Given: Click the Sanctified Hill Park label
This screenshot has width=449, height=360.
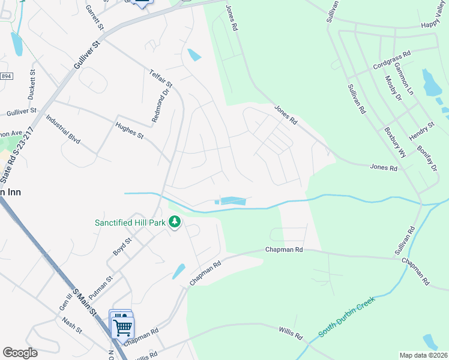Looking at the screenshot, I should (130, 223).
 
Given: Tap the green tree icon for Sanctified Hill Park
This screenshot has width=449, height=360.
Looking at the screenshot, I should (175, 223).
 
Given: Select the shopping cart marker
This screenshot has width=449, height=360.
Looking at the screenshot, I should (122, 328).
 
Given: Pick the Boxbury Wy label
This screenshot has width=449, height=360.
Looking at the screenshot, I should (395, 141).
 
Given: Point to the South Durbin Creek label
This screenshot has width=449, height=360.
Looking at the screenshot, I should (346, 316).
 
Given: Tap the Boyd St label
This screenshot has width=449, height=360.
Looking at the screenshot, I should (122, 247).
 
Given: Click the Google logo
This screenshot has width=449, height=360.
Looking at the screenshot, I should (20, 352).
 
